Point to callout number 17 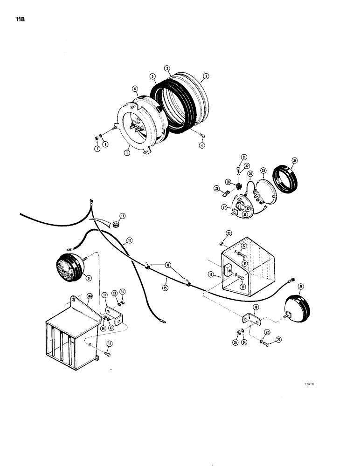click(x=122, y=216)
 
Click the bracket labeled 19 click(x=250, y=320)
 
